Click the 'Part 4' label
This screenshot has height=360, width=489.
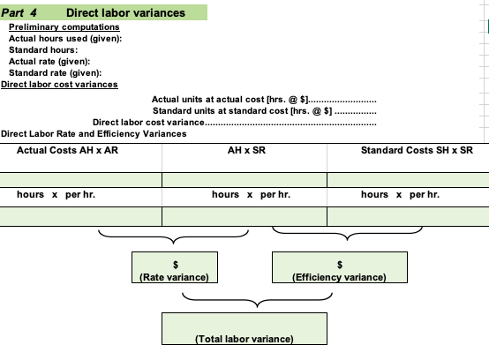coord(19,13)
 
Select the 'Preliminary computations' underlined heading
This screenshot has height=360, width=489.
coord(64,28)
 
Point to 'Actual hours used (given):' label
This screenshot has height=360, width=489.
coord(64,40)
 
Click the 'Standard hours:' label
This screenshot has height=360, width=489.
coord(41,51)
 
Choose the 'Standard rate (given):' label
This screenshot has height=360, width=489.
coord(55,73)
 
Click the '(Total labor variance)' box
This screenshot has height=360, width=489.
coord(243,329)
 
